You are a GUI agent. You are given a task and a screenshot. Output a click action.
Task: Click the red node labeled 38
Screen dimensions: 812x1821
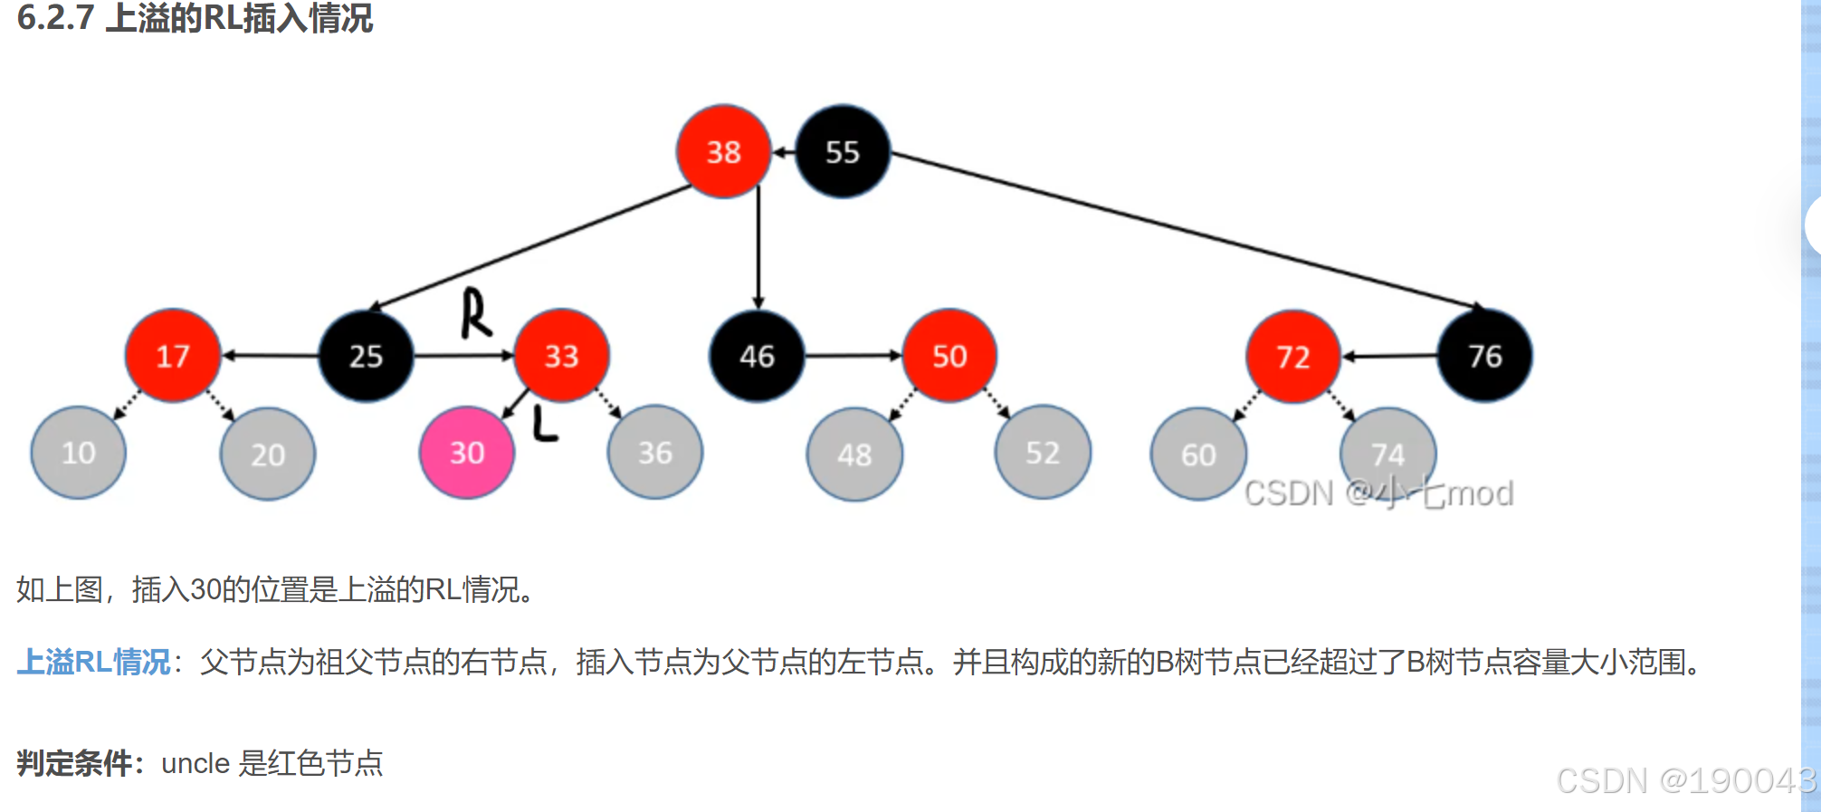(723, 152)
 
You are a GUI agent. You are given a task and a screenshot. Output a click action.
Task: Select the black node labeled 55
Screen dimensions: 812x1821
(843, 152)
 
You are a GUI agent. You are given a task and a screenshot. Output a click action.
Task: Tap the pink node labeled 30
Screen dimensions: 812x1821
(467, 452)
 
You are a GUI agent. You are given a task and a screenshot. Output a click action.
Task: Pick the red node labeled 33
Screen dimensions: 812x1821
(561, 356)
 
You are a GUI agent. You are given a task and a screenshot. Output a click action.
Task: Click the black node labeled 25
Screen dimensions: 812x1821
(367, 356)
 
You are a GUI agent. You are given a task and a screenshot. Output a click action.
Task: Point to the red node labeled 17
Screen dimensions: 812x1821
(173, 356)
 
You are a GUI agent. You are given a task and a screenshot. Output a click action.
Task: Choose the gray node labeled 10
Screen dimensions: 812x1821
(79, 452)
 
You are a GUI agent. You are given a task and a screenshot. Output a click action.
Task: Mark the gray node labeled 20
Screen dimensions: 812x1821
(268, 454)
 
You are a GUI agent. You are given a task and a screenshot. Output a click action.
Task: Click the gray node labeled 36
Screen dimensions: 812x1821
(655, 452)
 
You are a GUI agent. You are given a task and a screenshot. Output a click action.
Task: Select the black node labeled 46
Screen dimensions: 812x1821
(757, 356)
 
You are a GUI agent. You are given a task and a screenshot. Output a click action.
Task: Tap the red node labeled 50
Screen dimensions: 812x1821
(949, 356)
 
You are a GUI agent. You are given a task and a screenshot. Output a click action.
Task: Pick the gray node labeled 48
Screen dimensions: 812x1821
(854, 454)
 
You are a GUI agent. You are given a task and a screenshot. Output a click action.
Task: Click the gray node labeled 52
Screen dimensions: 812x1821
(1043, 452)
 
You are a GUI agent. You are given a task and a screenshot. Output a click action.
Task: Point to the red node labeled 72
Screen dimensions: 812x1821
(1293, 357)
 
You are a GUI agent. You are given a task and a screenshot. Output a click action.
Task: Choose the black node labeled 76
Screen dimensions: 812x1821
(1485, 356)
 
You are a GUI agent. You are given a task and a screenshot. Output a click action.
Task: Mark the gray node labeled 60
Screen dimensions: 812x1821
(1198, 454)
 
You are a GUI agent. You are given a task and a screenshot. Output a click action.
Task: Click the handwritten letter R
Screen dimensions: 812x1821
(476, 313)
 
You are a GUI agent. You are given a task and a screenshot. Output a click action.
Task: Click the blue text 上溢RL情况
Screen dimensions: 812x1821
(93, 662)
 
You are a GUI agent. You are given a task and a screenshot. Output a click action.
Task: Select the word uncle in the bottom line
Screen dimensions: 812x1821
(195, 763)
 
